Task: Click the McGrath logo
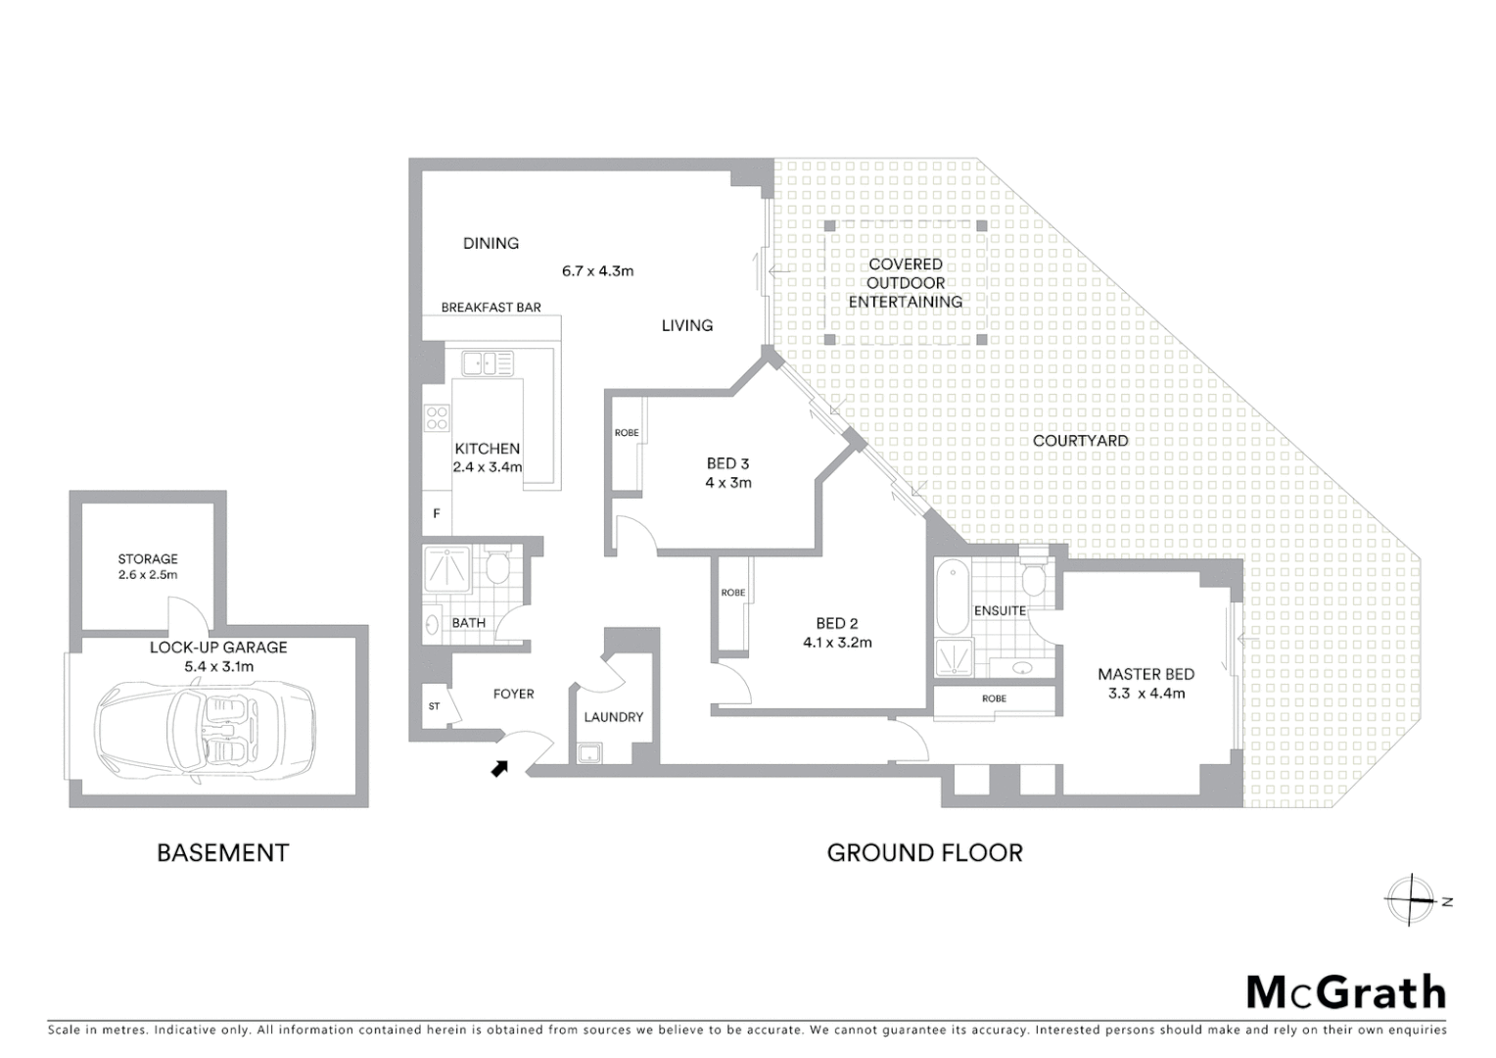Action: [x=1345, y=992]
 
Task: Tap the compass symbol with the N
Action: [x=1411, y=899]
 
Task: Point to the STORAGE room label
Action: [x=148, y=558]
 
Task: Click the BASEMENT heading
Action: [x=222, y=853]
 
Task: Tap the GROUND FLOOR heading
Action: [x=924, y=853]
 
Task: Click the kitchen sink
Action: [x=488, y=363]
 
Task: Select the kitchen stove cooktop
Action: [x=437, y=419]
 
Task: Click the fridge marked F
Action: [x=437, y=513]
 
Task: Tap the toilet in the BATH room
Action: [x=497, y=567]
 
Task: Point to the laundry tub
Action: [x=589, y=753]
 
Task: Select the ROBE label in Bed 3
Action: [x=627, y=433]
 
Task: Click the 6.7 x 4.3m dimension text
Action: [x=597, y=270]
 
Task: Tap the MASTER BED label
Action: [x=1145, y=674]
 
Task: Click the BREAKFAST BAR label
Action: [x=491, y=308]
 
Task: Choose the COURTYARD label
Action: [x=1080, y=441]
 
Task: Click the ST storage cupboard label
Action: [x=434, y=706]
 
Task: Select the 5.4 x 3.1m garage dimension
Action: [x=218, y=667]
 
